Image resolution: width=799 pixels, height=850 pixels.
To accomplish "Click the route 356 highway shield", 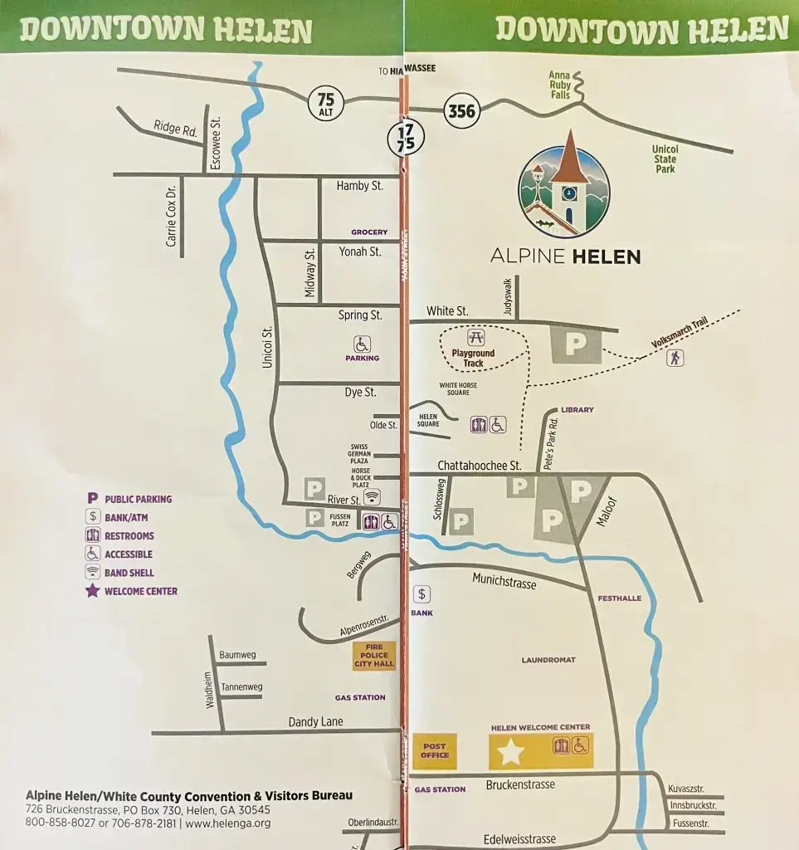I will click(461, 112).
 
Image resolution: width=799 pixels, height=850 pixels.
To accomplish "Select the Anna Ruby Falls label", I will click(560, 85).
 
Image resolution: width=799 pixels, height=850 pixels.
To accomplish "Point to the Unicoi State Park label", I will click(665, 159).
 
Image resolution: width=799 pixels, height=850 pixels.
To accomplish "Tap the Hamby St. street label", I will click(359, 186).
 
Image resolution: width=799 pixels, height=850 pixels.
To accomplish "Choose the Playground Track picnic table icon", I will click(475, 338).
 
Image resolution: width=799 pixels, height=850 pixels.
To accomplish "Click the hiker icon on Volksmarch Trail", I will click(677, 358).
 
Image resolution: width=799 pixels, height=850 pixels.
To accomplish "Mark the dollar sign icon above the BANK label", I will click(422, 594).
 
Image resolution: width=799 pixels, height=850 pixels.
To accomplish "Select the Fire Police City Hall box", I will click(374, 656).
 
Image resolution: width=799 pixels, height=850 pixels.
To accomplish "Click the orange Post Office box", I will click(434, 750).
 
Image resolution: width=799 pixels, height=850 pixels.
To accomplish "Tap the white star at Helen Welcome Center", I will click(511, 753).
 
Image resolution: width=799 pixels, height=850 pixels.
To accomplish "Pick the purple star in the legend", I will click(93, 591).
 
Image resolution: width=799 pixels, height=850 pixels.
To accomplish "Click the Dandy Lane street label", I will click(315, 722).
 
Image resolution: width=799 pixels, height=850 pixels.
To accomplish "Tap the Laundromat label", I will click(548, 660).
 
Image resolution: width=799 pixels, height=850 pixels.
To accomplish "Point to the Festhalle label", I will click(620, 598).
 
